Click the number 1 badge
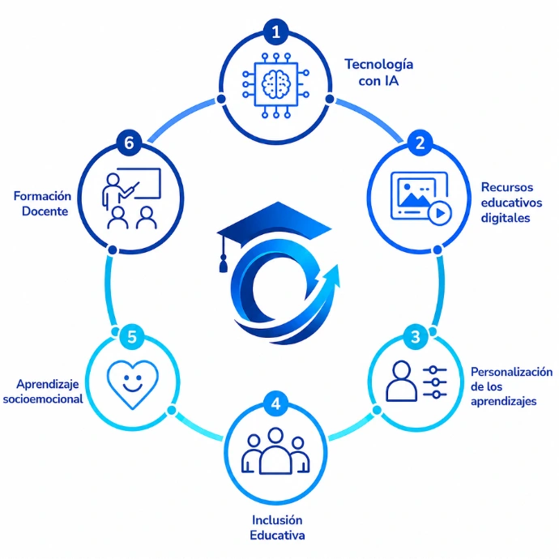(276, 32)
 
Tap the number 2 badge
(420, 143)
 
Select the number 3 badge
(416, 337)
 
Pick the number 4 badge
(276, 404)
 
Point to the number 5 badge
(132, 337)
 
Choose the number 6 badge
(129, 143)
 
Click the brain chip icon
(276, 85)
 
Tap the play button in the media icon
(440, 213)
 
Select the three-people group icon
(275, 451)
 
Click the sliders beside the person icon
(434, 382)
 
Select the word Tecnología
(378, 65)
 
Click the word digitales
(506, 218)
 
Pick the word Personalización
(511, 372)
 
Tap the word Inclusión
(277, 520)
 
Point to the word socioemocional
(43, 399)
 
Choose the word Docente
(45, 211)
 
